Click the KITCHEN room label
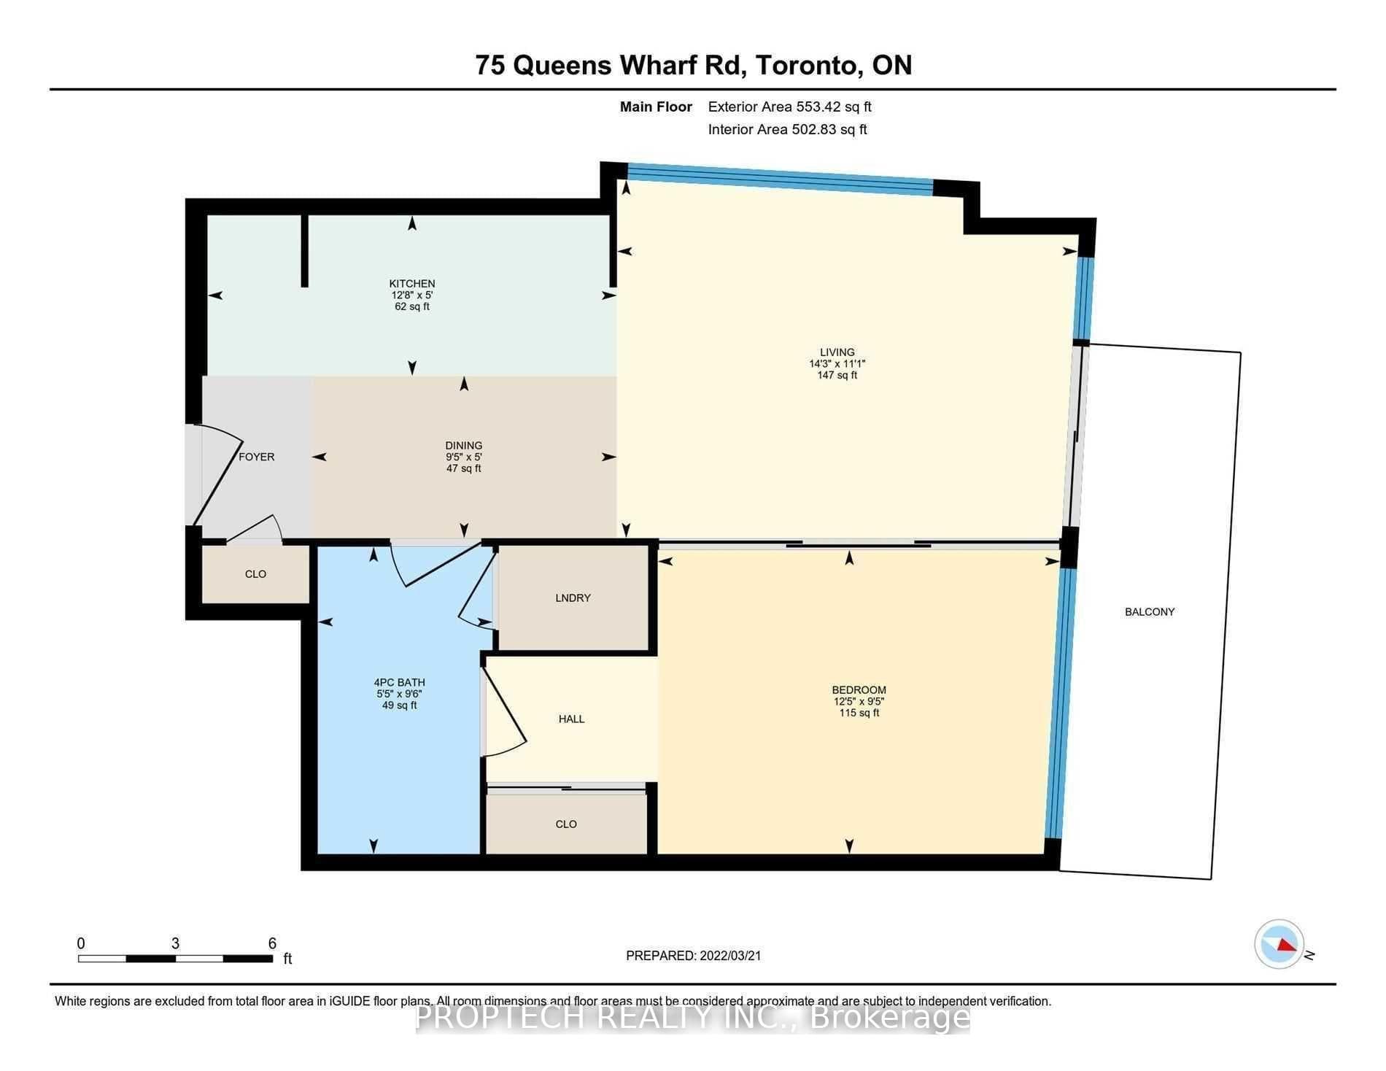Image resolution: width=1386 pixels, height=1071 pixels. pyautogui.click(x=412, y=284)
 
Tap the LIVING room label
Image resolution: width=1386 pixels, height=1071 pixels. pyautogui.click(x=837, y=352)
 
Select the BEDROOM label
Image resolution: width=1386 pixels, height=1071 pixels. pyautogui.click(x=859, y=690)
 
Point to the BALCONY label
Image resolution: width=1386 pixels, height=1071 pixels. pyautogui.click(x=1150, y=612)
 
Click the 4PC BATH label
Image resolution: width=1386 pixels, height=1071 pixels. pyautogui.click(x=400, y=683)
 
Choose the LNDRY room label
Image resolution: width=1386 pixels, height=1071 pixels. pyautogui.click(x=573, y=598)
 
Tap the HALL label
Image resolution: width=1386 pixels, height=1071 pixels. pyautogui.click(x=571, y=719)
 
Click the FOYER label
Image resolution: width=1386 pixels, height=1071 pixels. pyautogui.click(x=257, y=457)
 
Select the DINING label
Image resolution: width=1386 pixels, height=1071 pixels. pyautogui.click(x=464, y=446)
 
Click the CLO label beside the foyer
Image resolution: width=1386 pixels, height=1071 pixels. pyautogui.click(x=255, y=574)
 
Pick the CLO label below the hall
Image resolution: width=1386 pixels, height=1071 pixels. pyautogui.click(x=566, y=824)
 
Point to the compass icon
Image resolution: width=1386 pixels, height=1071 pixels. pyautogui.click(x=1279, y=944)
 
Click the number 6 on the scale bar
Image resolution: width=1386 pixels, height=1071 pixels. pyautogui.click(x=272, y=943)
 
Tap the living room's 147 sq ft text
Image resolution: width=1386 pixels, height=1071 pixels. pyautogui.click(x=837, y=376)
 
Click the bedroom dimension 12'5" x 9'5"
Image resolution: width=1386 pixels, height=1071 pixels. pyautogui.click(x=859, y=702)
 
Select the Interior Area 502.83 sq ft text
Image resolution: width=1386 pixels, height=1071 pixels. pyautogui.click(x=788, y=130)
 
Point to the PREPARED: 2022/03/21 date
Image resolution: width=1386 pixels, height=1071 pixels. pyautogui.click(x=694, y=956)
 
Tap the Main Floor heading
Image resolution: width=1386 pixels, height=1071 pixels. pyautogui.click(x=656, y=107)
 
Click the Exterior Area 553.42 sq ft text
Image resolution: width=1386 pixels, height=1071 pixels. pyautogui.click(x=790, y=107)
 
